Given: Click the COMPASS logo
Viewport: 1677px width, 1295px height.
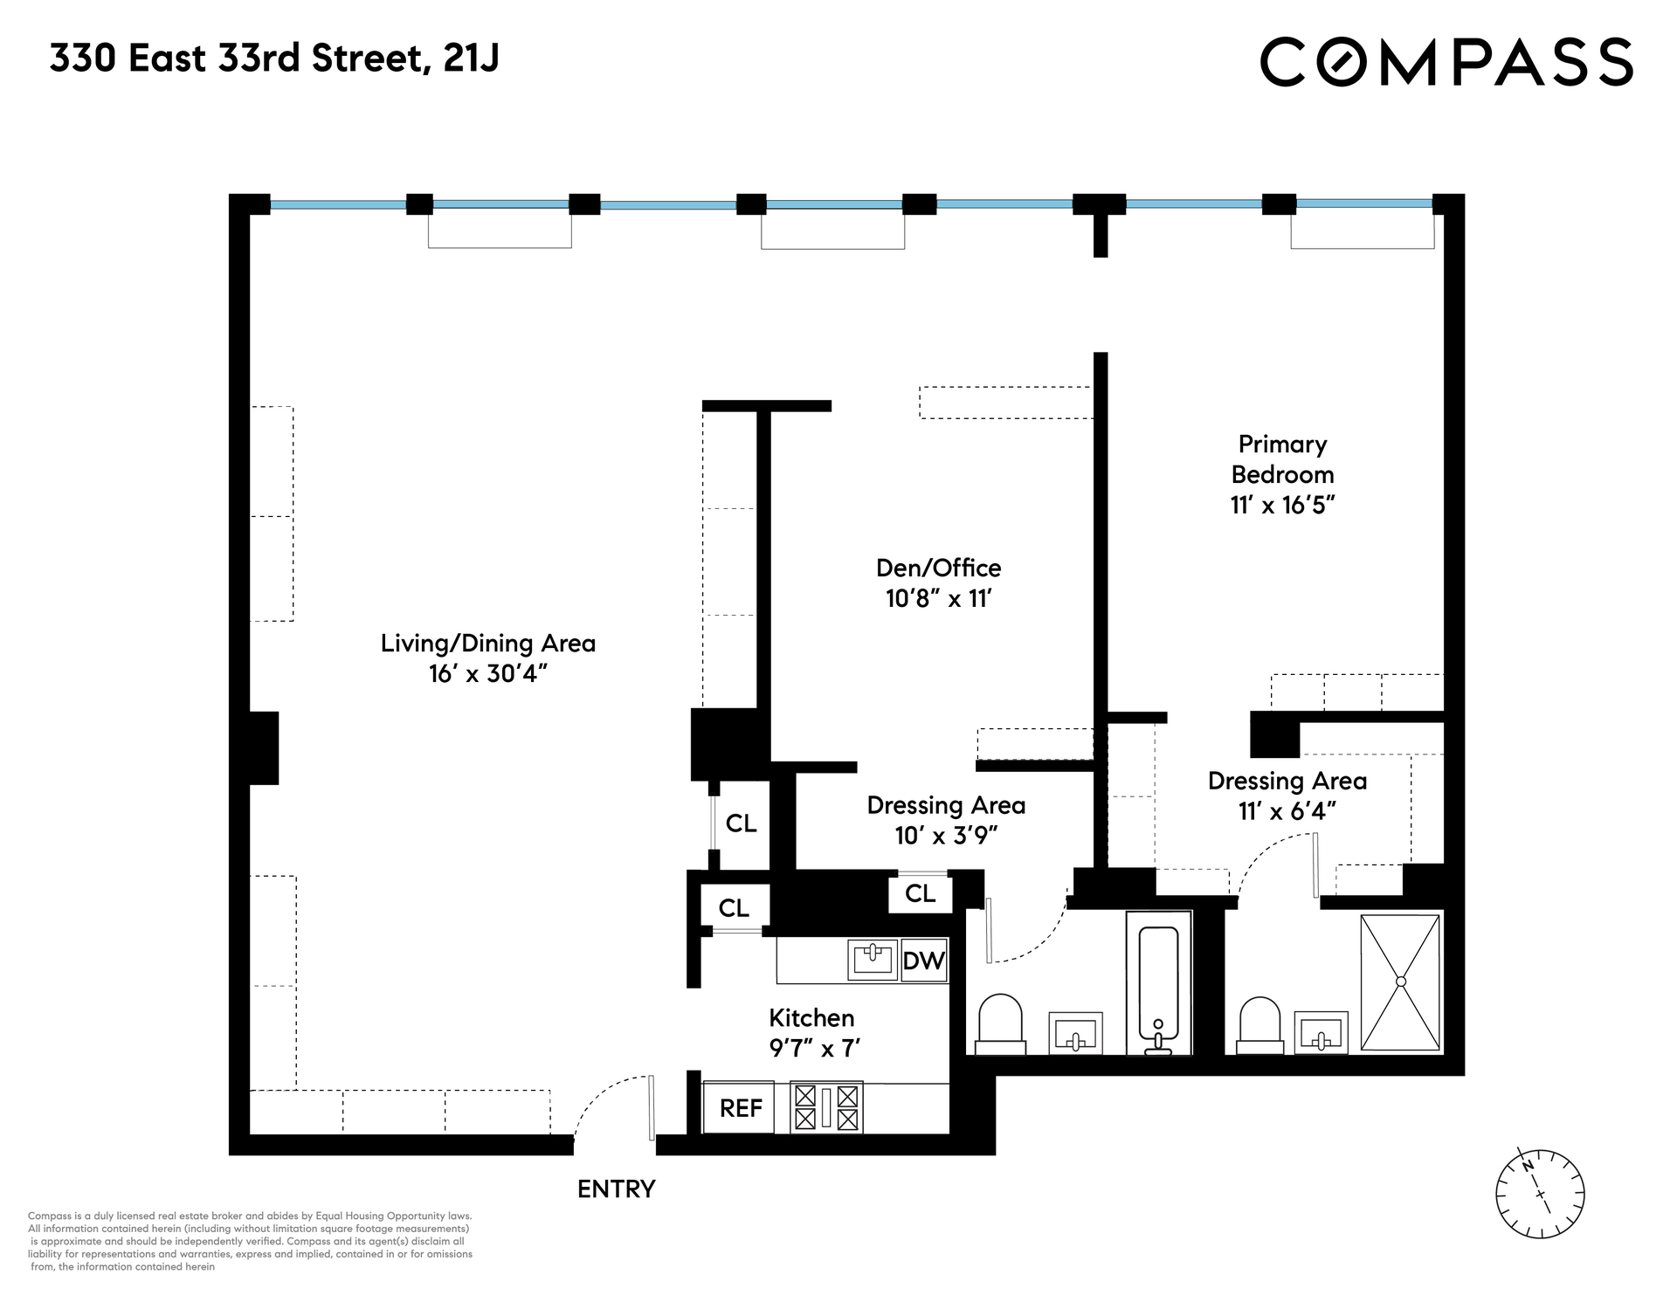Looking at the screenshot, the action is pos(1446,61).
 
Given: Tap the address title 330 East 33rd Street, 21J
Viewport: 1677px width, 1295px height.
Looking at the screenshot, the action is pos(274,59).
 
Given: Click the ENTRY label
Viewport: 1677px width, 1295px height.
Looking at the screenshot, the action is pos(616,1188).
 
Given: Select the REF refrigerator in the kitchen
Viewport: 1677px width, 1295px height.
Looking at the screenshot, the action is pos(741,1108).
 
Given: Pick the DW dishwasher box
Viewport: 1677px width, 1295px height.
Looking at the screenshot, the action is pos(924,961).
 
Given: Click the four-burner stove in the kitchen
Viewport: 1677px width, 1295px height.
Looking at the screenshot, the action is pos(826,1107).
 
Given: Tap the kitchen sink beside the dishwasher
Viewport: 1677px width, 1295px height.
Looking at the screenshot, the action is pos(873,960).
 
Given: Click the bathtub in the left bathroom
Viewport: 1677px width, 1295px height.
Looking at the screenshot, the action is pos(1159,983).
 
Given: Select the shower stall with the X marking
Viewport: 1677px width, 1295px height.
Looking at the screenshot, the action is pos(1401,982).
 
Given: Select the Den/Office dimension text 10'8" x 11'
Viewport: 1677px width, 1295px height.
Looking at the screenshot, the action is pos(939,598).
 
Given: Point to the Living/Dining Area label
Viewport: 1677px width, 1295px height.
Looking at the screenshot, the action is pos(488,644).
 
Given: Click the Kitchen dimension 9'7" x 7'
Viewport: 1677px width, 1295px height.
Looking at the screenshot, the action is pos(815,1047).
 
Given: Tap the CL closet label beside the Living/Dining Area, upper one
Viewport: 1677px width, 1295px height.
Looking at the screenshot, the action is pos(742,823).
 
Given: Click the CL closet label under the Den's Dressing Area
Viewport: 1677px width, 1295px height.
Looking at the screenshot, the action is pos(921,893).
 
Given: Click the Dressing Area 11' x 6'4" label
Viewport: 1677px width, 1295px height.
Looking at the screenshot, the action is pos(1287,796).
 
